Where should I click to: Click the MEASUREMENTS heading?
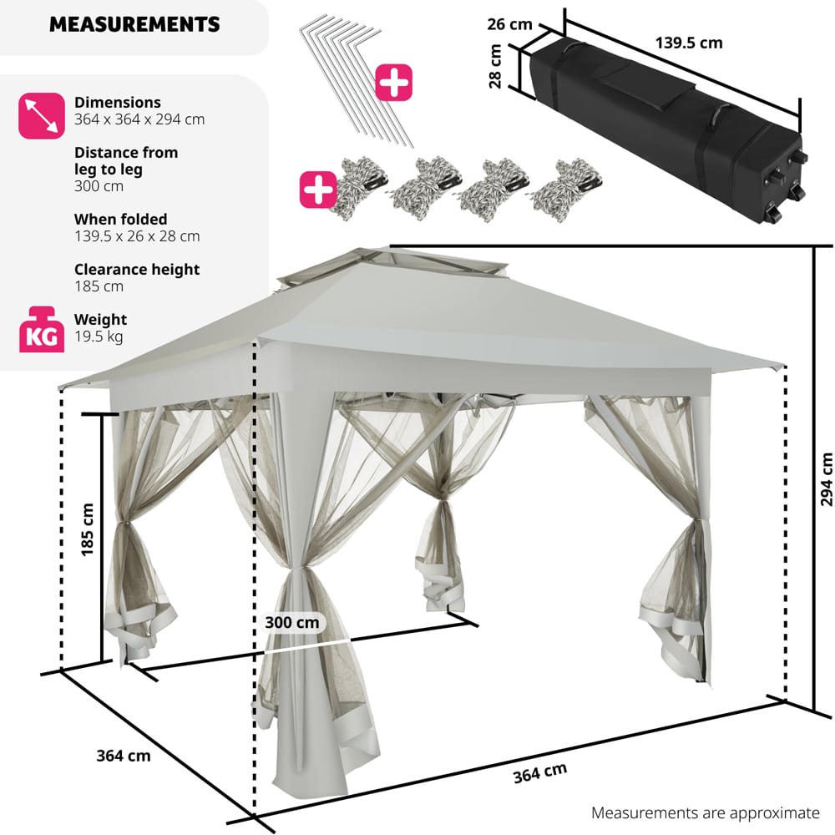134,24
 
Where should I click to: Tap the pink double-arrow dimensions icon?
41,115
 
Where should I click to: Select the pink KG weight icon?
41,329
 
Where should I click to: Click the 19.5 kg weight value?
99,337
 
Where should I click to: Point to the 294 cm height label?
826,480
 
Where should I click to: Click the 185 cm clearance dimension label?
87,530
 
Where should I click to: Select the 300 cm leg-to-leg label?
292,622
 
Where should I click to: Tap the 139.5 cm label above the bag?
690,43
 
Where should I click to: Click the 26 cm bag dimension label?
509,24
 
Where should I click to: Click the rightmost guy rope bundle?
559,185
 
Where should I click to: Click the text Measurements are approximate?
706,812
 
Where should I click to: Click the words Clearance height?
137,269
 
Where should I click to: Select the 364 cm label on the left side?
124,756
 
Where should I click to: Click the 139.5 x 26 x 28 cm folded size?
137,236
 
